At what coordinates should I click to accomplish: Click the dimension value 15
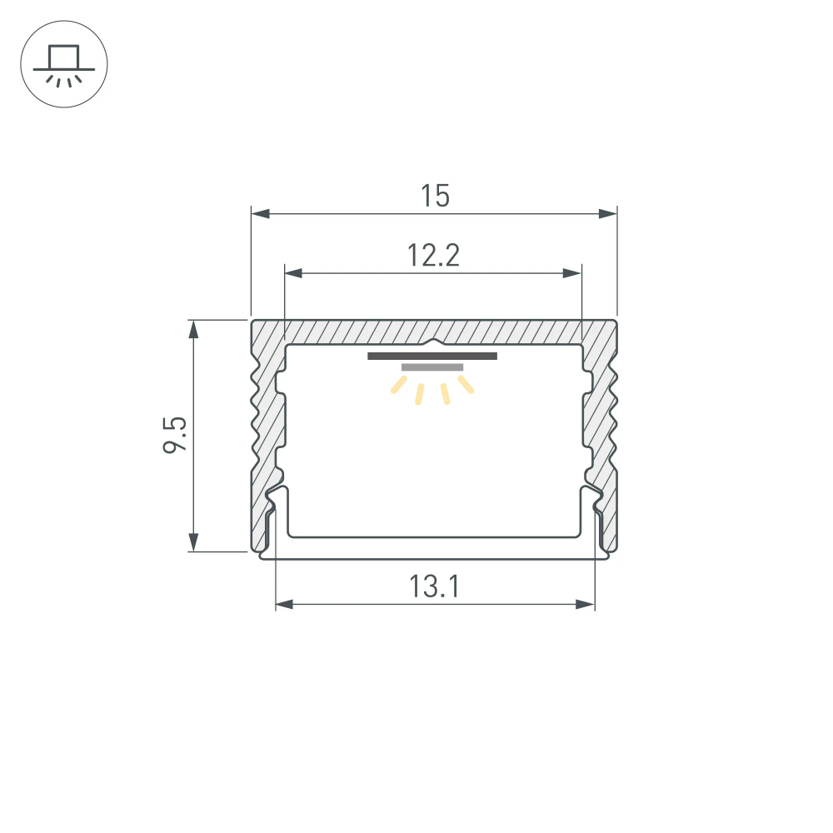coord(435,197)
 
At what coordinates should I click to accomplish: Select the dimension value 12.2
coord(433,255)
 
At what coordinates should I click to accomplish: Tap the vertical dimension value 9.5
coord(174,435)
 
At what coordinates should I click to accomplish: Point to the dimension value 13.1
coord(434,587)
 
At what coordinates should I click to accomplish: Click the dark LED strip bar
coord(432,357)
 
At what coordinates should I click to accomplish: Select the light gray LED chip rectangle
coord(432,367)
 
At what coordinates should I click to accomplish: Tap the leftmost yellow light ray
coord(400,385)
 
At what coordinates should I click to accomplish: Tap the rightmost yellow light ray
coord(465,384)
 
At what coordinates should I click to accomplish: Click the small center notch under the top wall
coord(433,342)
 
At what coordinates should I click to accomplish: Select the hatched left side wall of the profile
coord(265,433)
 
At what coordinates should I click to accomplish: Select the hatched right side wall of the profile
coord(602,433)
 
